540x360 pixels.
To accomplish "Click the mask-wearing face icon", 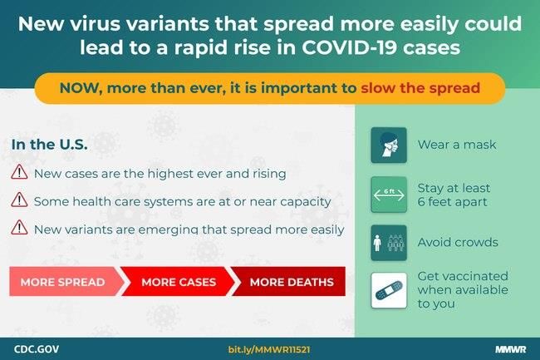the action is pyautogui.click(x=389, y=145).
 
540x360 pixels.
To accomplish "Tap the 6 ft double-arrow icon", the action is pyautogui.click(x=389, y=195).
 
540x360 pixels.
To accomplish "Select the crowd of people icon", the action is pyautogui.click(x=389, y=243).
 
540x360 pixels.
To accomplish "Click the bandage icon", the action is pyautogui.click(x=389, y=290).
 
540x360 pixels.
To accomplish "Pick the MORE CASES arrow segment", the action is pyautogui.click(x=178, y=282).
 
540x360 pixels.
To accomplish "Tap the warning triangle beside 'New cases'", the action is pyautogui.click(x=19, y=172).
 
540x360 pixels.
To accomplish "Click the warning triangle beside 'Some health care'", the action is pyautogui.click(x=19, y=200).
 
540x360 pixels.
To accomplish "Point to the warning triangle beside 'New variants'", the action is pyautogui.click(x=19, y=227).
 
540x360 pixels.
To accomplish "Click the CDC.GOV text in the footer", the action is pyautogui.click(x=37, y=349).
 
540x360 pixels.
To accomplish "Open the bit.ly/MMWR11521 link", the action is pyautogui.click(x=269, y=350).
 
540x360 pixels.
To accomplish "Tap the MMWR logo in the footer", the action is pyautogui.click(x=511, y=349).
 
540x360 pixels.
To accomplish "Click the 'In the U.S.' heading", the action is pyautogui.click(x=49, y=145).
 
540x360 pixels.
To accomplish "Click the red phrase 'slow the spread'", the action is pyautogui.click(x=420, y=88).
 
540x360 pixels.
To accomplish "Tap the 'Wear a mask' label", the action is pyautogui.click(x=457, y=145).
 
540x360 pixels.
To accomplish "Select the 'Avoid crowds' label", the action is pyautogui.click(x=458, y=242).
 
